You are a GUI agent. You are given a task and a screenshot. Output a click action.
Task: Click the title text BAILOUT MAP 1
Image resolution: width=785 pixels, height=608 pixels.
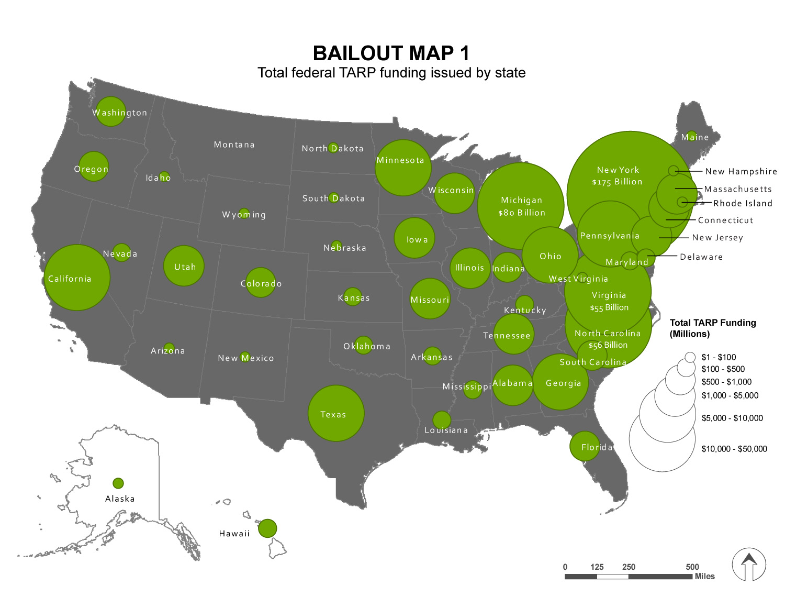[391, 53]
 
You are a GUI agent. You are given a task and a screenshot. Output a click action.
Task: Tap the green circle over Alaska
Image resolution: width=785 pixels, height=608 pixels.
[118, 483]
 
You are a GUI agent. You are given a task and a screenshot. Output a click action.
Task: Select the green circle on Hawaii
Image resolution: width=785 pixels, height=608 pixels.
[267, 528]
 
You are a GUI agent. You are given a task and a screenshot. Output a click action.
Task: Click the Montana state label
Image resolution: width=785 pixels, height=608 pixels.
[234, 145]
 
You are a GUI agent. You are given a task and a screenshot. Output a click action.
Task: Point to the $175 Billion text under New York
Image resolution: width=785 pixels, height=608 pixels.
[617, 182]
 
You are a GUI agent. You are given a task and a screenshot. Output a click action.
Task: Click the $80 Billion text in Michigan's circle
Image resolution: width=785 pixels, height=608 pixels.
[522, 213]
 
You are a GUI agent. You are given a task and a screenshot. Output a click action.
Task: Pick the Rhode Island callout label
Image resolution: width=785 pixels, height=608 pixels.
[743, 203]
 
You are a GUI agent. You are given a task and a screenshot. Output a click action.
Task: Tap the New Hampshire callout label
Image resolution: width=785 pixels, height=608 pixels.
[741, 171]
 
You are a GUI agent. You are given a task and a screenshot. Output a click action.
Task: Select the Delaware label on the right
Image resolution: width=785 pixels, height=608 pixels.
[701, 257]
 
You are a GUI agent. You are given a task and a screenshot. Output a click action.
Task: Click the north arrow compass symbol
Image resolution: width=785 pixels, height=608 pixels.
[749, 565]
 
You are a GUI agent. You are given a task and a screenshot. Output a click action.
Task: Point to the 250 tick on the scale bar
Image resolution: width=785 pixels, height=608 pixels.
[629, 567]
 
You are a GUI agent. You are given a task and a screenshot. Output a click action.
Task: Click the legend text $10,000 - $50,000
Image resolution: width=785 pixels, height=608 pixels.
[734, 449]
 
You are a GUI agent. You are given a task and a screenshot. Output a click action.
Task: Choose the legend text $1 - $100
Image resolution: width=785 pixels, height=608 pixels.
[719, 357]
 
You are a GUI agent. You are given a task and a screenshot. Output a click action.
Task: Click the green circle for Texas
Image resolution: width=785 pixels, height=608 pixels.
[335, 413]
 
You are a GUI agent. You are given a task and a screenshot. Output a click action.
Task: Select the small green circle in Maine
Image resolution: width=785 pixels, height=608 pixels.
[691, 135]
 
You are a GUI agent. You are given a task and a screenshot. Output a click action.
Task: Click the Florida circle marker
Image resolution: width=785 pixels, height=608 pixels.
[585, 446]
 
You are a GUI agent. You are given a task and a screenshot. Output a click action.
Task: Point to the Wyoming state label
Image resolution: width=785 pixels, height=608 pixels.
[244, 215]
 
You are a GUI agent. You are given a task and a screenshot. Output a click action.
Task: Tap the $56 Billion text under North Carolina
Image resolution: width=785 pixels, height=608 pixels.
[608, 345]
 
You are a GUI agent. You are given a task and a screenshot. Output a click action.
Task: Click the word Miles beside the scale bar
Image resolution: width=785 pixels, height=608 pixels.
[704, 576]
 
